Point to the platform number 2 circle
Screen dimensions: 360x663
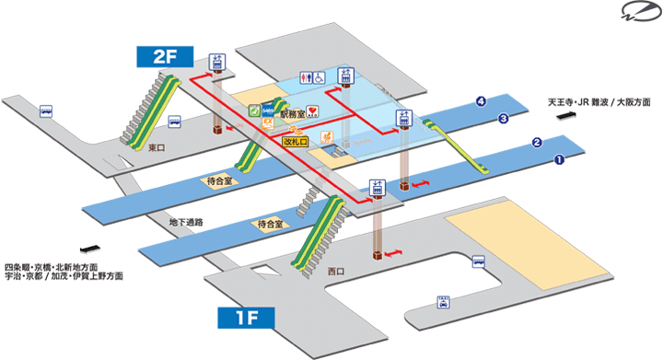click(536, 143)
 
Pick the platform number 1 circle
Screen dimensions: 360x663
click(558, 159)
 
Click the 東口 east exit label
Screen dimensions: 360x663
click(157, 145)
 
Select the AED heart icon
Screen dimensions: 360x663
click(313, 111)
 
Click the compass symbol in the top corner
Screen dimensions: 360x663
click(638, 14)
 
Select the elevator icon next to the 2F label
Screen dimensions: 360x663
click(218, 61)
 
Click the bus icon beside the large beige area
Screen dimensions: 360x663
click(477, 261)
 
